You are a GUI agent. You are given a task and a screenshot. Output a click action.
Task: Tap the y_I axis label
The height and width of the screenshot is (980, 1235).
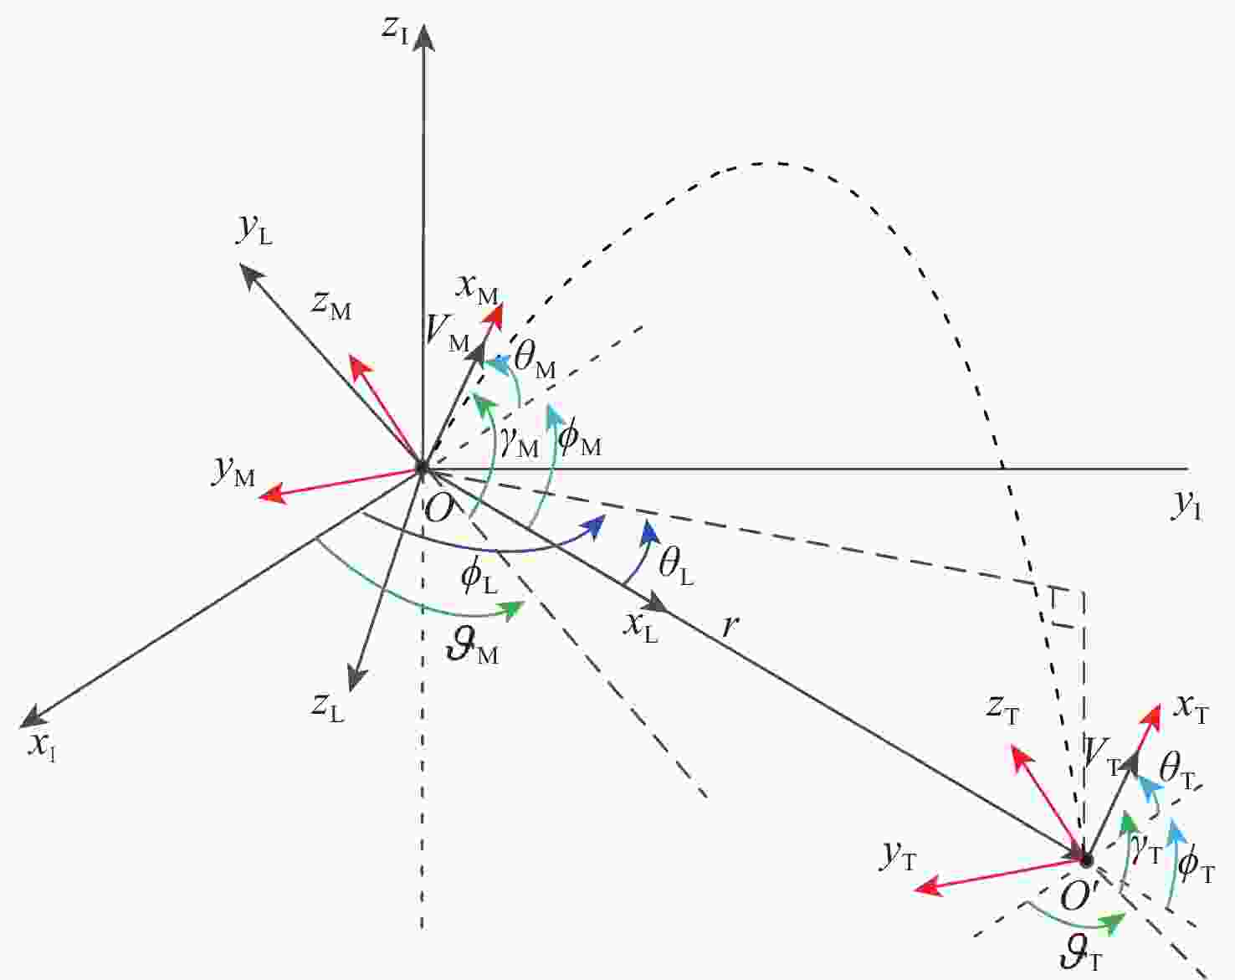tap(1186, 506)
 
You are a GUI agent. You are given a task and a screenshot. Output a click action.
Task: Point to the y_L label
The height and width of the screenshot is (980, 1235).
tap(254, 230)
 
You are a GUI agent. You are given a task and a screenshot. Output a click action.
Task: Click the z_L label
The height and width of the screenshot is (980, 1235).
tap(328, 706)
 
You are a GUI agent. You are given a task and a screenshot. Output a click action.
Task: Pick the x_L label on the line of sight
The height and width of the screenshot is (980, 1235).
tap(641, 628)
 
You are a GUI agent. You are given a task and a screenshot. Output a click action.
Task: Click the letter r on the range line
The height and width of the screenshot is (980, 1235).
tap(730, 626)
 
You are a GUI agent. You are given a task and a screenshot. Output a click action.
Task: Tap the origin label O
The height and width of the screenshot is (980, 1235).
tap(438, 509)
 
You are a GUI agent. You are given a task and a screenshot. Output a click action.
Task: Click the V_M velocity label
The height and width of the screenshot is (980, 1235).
tap(448, 334)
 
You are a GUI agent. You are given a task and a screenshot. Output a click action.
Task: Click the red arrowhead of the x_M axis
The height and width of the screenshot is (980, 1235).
tap(494, 316)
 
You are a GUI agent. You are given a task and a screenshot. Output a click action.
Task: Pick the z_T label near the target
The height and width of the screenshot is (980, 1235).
tap(1002, 711)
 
